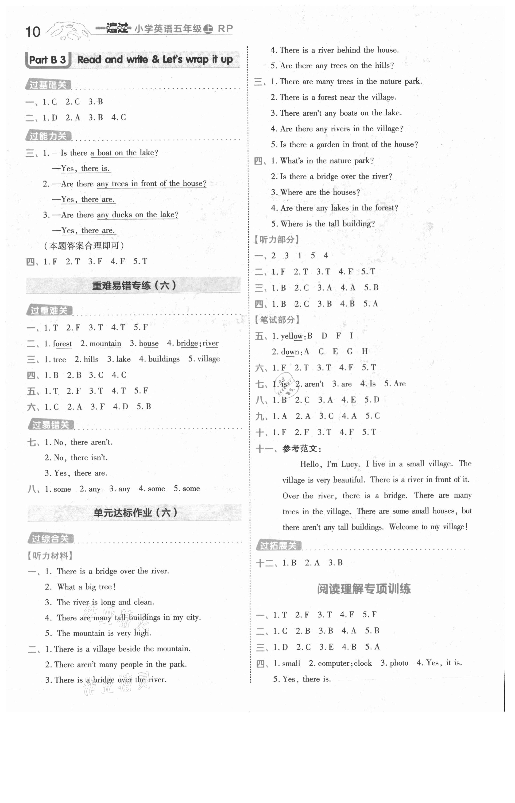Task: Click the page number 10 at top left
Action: coord(33,32)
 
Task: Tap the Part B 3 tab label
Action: coord(47,60)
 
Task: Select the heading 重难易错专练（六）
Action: coord(134,286)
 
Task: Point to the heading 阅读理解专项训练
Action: coord(364,589)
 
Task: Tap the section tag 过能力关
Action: coord(48,136)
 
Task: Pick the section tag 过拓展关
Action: coord(278,546)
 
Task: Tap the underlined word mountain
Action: coord(105,343)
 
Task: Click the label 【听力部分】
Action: coord(277,239)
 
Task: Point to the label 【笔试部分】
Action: coord(277,320)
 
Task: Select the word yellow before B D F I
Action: coord(292,336)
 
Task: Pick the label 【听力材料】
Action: coord(50,556)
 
